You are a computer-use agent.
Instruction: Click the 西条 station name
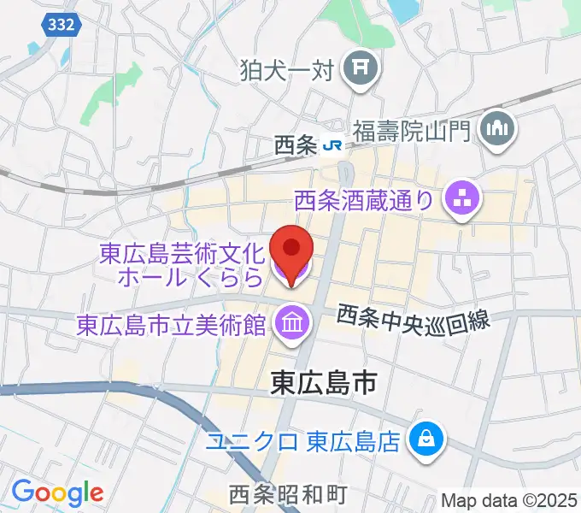coord(296,145)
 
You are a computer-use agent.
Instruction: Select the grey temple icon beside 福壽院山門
coord(499,130)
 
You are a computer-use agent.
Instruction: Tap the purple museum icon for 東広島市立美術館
coord(291,324)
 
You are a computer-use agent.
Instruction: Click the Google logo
coord(57,493)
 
